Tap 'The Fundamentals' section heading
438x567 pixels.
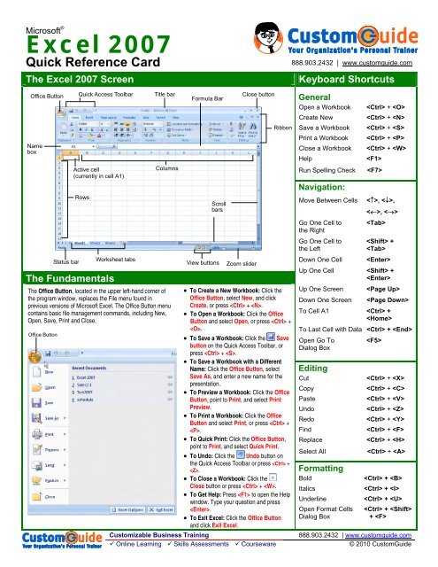pos(55,278)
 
